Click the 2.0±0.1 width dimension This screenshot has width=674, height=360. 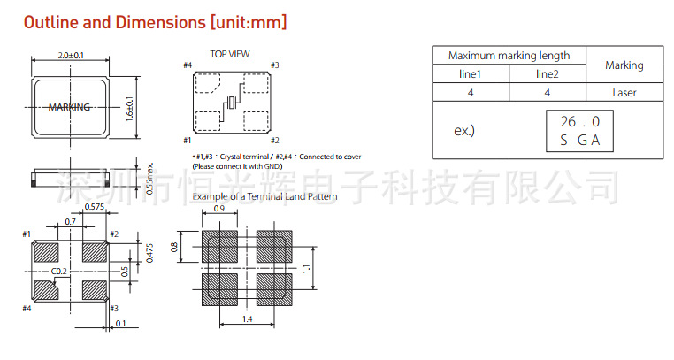tap(71, 55)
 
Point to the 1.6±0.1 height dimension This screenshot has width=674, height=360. tap(130, 110)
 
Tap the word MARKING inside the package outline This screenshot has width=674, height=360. tap(69, 107)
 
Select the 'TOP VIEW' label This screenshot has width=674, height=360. tap(229, 54)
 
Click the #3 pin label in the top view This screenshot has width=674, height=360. tap(275, 65)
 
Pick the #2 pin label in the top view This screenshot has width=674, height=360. tap(275, 140)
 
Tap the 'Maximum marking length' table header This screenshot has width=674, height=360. tap(509, 55)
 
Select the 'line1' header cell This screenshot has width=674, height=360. tap(470, 74)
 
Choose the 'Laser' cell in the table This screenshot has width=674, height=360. tap(624, 92)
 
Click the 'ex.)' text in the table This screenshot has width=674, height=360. tap(464, 130)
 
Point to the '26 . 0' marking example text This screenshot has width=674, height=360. tap(579, 121)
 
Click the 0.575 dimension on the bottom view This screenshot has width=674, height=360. tap(95, 207)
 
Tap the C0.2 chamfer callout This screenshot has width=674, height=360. tap(59, 271)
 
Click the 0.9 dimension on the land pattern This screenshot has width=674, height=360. tap(220, 210)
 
